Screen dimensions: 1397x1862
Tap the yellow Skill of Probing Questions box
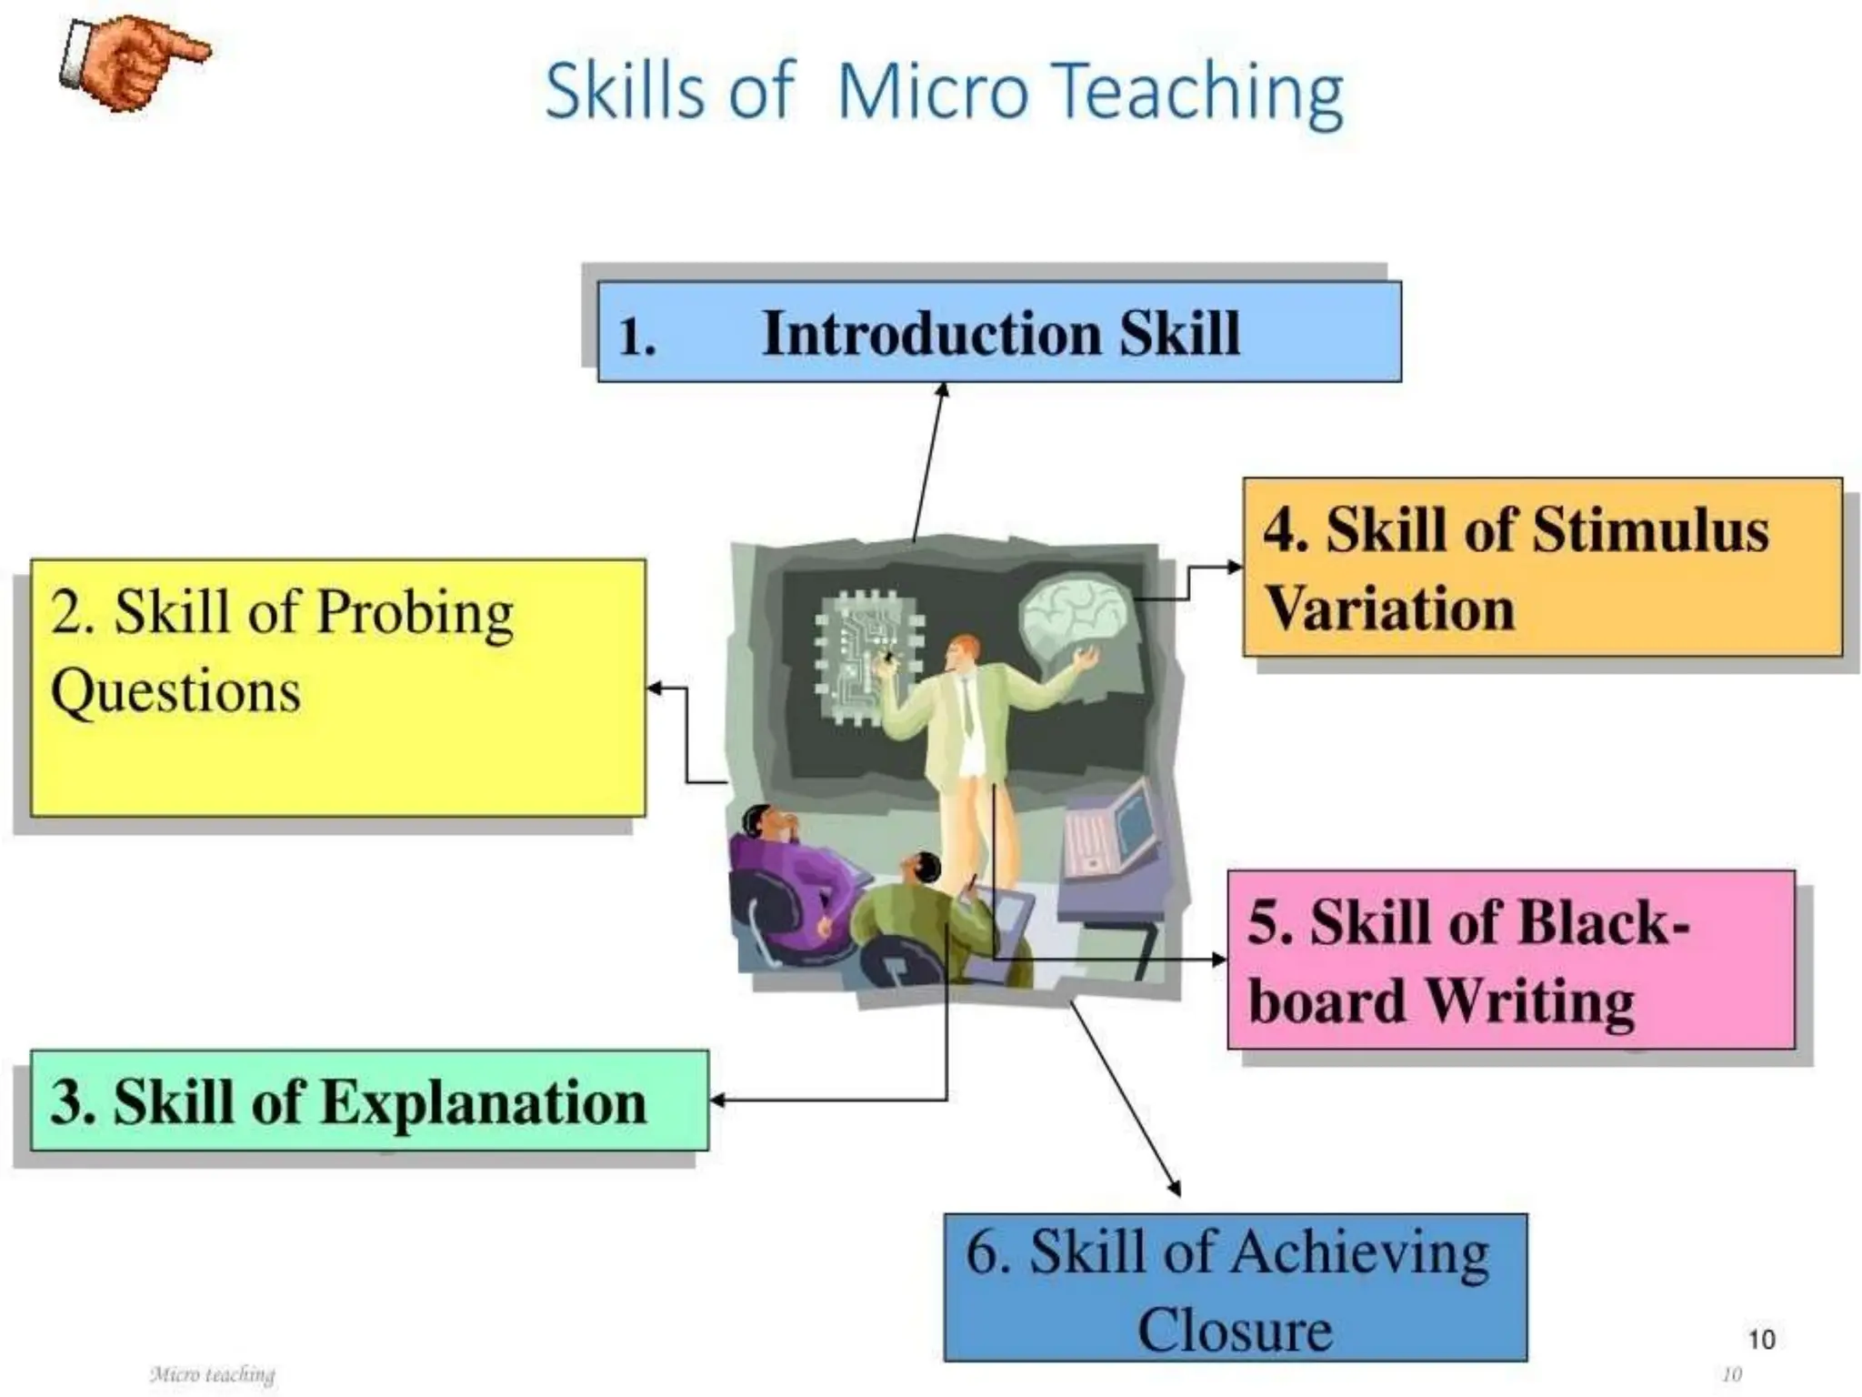tap(337, 688)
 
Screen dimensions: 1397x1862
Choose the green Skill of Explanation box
tap(369, 1101)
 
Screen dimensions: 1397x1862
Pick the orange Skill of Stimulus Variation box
tap(1542, 567)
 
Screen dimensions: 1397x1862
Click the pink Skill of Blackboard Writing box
tap(1510, 960)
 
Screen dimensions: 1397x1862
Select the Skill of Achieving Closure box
tap(1235, 1287)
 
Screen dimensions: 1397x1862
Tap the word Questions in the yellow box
tap(175, 691)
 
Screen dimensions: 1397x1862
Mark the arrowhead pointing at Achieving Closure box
tap(1175, 1188)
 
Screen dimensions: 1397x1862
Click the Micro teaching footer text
tap(212, 1373)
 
